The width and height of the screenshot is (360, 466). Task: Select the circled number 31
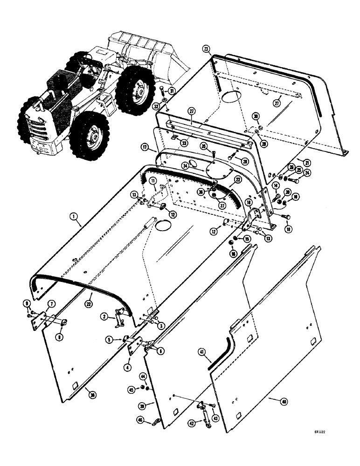click(171, 91)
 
